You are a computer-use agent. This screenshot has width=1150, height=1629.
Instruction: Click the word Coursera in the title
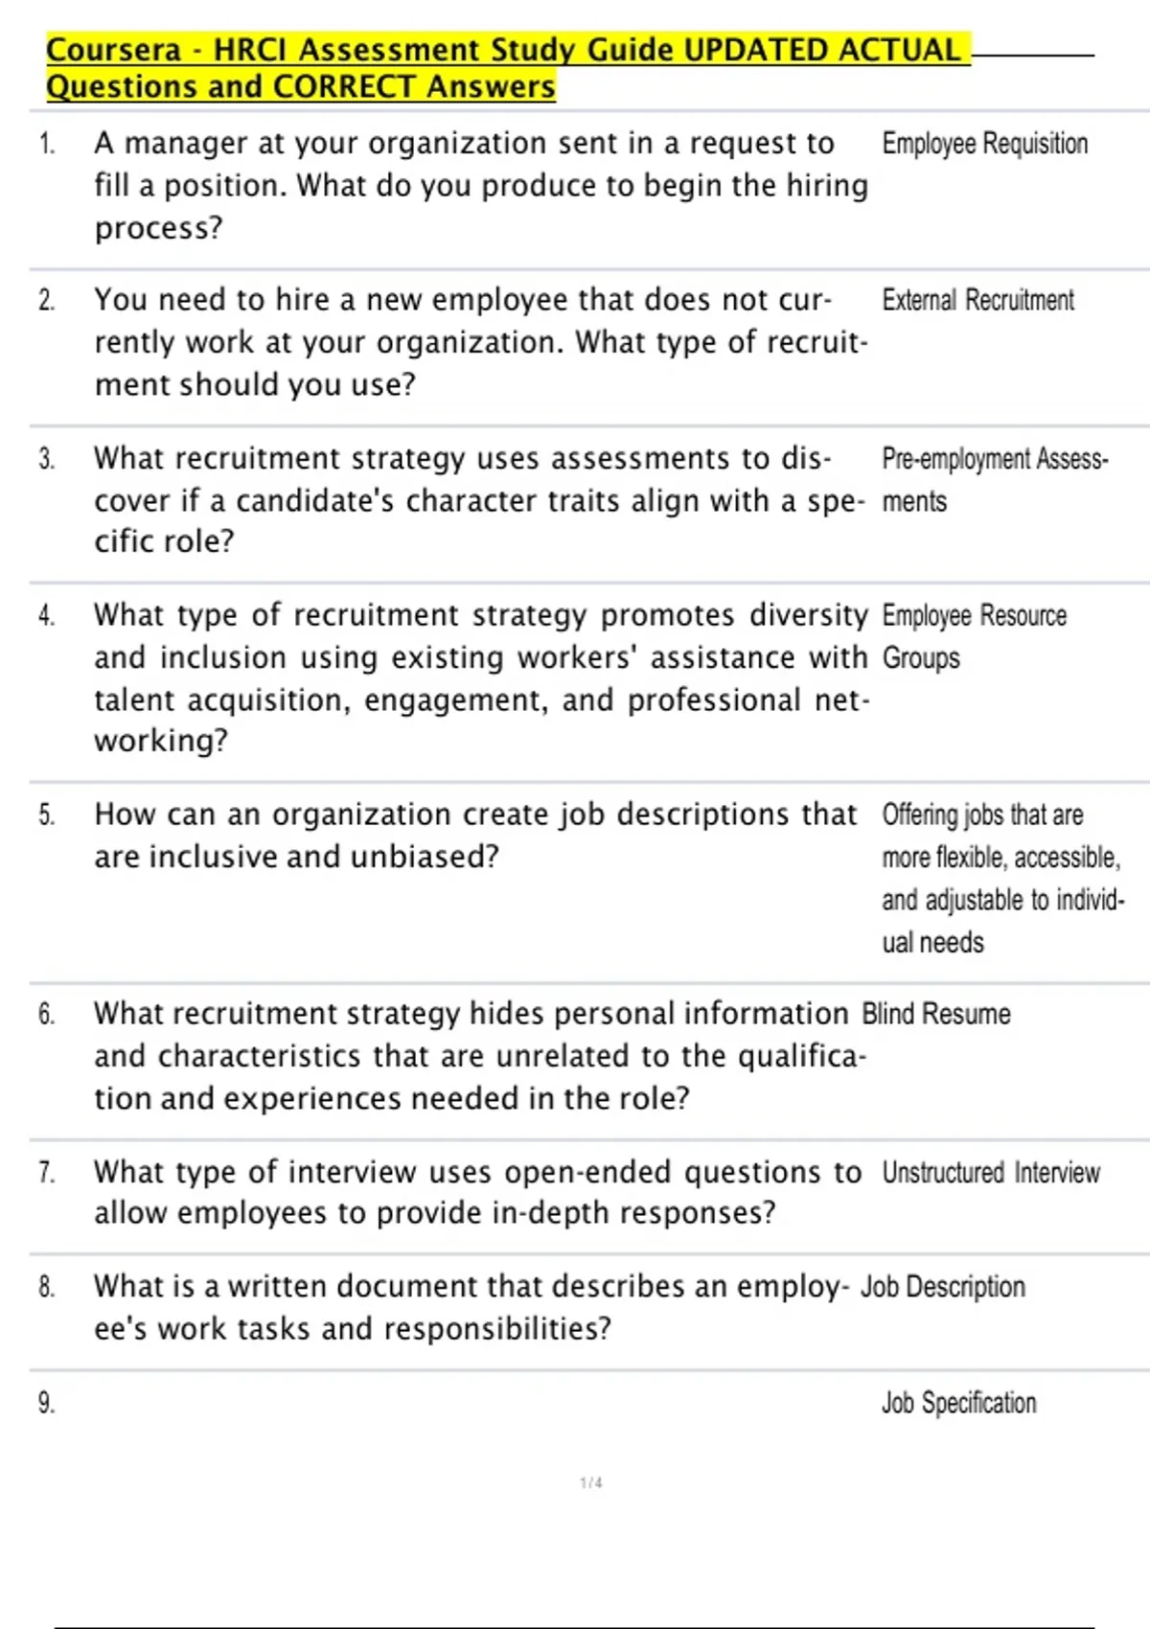point(114,50)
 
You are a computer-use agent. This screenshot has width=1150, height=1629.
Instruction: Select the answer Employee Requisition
point(984,144)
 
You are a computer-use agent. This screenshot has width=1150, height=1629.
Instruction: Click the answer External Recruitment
point(977,301)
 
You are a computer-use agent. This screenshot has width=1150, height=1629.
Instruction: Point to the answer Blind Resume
point(935,1014)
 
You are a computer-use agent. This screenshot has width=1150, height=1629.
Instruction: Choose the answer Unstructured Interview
point(990,1173)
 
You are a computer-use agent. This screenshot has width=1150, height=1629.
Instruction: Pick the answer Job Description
point(942,1287)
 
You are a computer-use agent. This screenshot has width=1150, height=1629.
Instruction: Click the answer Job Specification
point(958,1404)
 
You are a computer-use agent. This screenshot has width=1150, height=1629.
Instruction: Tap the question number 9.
point(46,1404)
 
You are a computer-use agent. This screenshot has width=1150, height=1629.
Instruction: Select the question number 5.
point(46,815)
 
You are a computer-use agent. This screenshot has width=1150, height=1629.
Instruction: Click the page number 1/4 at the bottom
point(591,1483)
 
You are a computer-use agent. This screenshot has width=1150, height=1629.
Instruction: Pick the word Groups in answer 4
point(920,658)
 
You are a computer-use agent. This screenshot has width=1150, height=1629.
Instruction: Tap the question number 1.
point(46,145)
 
